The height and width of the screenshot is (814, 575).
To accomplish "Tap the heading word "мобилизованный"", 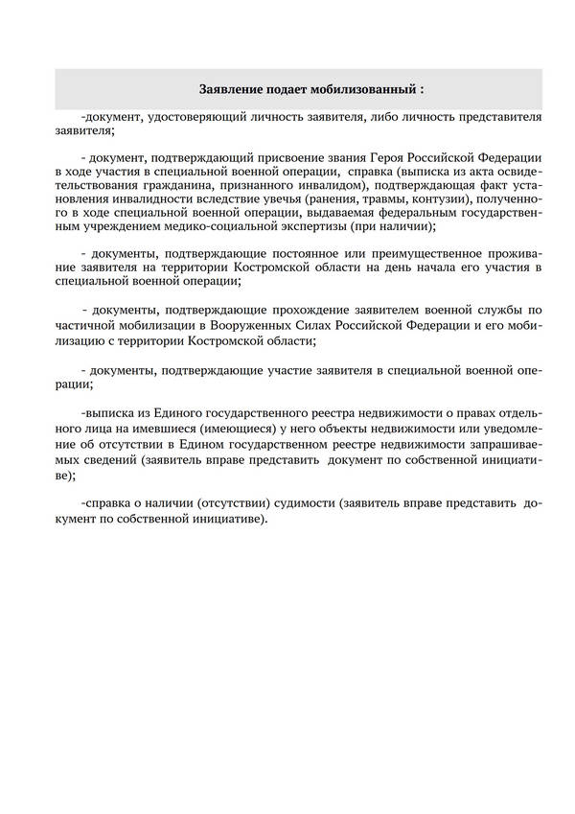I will pyautogui.click(x=367, y=89).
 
